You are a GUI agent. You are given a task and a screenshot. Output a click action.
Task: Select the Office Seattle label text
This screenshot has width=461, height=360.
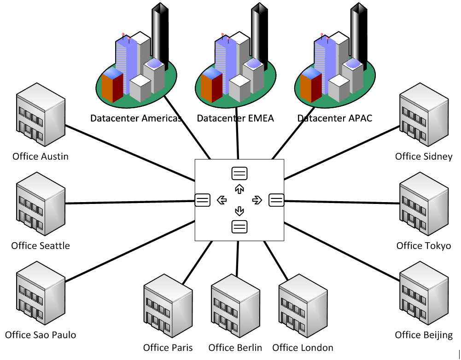coord(41,245)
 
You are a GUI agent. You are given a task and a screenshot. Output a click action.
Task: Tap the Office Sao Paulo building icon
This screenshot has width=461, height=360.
coord(40,293)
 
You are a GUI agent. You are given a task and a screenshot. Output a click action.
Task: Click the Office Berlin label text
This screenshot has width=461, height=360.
coord(235,348)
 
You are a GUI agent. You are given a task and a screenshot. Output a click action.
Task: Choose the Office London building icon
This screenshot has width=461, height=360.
coord(303,306)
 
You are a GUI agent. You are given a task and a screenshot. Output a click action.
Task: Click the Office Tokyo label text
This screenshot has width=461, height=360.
coord(424,245)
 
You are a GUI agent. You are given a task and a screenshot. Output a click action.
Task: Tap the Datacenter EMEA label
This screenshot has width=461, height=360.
coord(235,118)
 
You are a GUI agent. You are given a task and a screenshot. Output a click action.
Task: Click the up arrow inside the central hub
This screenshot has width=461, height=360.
coord(239,188)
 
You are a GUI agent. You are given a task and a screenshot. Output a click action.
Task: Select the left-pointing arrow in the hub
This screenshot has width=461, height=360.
coord(222,200)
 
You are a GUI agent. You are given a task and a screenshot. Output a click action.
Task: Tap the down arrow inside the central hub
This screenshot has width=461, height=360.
coord(239,211)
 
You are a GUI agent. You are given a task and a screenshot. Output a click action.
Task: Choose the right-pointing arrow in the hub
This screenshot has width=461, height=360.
coord(257,200)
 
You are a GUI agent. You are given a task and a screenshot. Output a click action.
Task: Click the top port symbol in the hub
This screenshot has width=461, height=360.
coord(239,174)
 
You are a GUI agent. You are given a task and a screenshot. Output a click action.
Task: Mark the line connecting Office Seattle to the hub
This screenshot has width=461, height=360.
coord(129,202)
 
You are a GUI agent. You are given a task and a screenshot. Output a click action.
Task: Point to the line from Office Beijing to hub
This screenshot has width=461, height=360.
coord(341,251)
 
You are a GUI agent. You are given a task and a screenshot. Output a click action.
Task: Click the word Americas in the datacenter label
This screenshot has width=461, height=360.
coord(155,118)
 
